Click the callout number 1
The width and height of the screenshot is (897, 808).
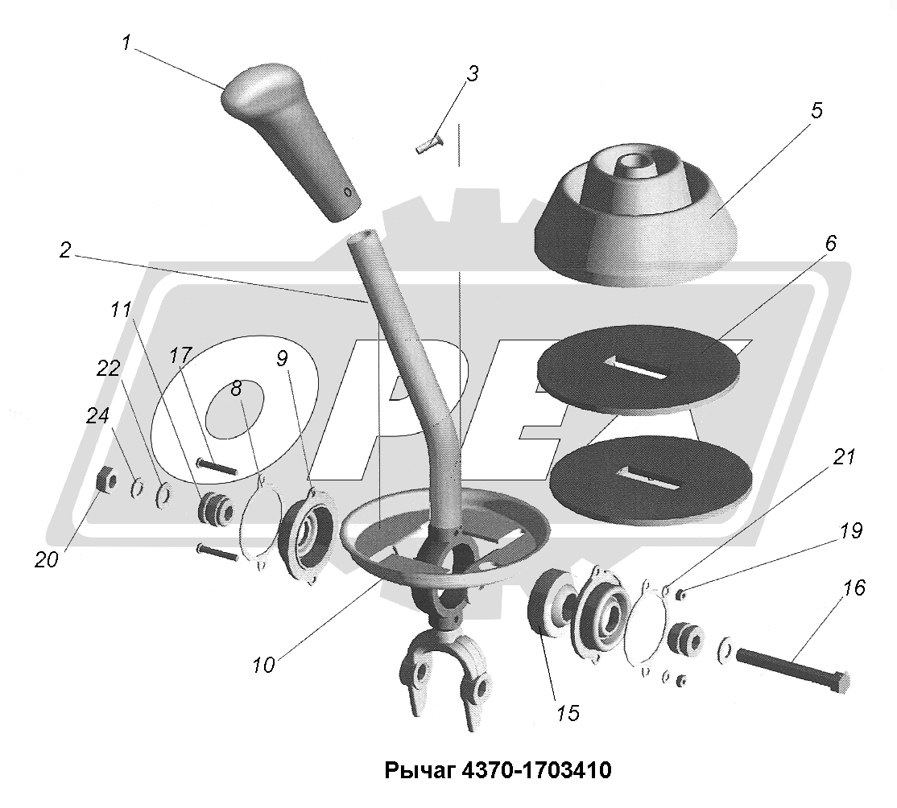[126, 43]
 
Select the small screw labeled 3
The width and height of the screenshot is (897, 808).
[431, 146]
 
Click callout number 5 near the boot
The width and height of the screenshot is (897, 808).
[816, 112]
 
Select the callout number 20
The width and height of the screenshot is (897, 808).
[46, 559]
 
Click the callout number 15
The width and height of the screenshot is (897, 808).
[568, 712]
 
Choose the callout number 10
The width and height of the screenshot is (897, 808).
[262, 665]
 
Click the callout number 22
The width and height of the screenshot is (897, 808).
[109, 368]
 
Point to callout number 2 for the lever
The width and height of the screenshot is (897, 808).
[66, 249]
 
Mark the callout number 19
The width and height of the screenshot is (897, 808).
[828, 531]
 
